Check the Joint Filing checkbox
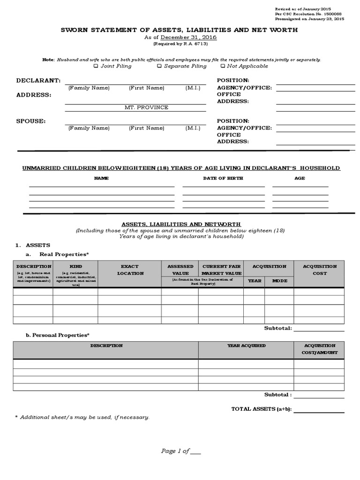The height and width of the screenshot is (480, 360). click(x=96, y=66)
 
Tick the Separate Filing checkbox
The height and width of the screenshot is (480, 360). click(x=160, y=66)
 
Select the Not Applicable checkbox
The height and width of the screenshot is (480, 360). click(x=223, y=66)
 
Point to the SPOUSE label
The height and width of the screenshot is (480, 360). click(x=31, y=120)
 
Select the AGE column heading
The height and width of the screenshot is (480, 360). click(x=300, y=178)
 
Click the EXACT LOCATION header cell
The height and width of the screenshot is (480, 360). click(x=130, y=270)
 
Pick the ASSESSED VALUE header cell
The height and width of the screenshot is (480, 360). click(x=180, y=270)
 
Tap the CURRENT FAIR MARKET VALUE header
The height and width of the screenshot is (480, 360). click(x=221, y=270)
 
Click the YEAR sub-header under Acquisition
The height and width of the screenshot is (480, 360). click(x=254, y=281)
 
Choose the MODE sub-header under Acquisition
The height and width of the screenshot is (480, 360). click(x=279, y=281)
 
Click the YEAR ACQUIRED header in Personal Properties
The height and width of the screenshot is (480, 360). click(x=246, y=345)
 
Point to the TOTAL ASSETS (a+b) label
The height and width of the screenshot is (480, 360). click(x=261, y=409)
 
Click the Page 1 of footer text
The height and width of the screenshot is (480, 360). click(x=181, y=451)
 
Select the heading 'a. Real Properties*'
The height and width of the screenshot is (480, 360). click(x=57, y=254)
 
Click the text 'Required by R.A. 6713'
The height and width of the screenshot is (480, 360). click(x=180, y=44)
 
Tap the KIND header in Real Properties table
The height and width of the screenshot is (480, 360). click(x=75, y=266)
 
